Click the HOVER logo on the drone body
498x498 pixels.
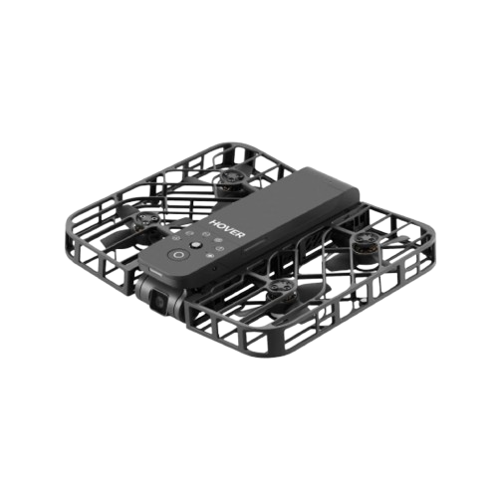click(x=227, y=228)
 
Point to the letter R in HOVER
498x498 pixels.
click(x=241, y=235)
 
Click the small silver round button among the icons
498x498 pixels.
click(x=195, y=245)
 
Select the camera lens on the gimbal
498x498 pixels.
click(x=159, y=301)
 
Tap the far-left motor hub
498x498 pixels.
click(x=145, y=219)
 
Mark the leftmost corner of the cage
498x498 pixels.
click(x=67, y=236)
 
